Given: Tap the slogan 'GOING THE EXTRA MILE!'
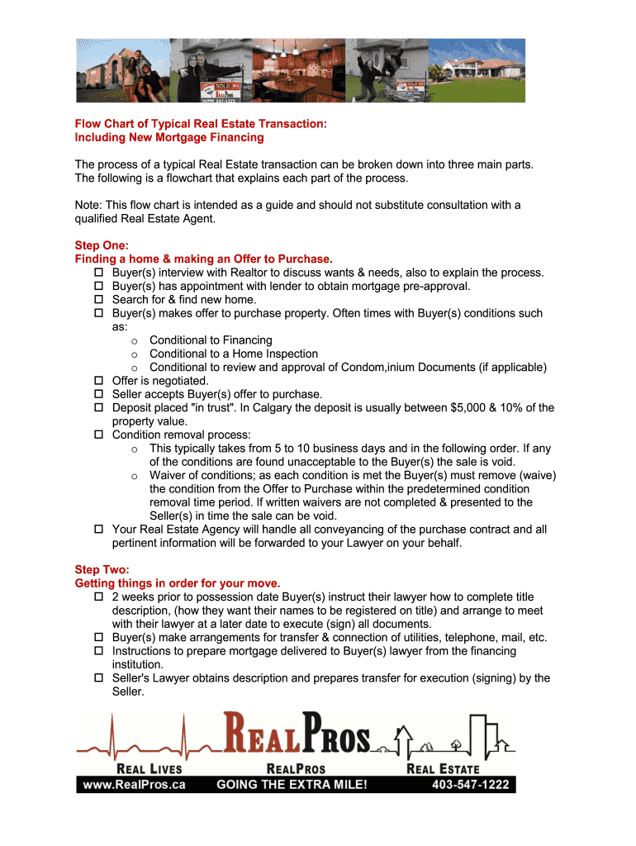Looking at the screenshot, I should pos(292,784).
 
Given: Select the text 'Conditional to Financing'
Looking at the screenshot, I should pos(211,340).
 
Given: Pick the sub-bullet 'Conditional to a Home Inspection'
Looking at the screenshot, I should pos(234,354).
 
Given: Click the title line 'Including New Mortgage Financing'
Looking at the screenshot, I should pos(169,137).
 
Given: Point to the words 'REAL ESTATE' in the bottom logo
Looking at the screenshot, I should pos(443,768).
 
